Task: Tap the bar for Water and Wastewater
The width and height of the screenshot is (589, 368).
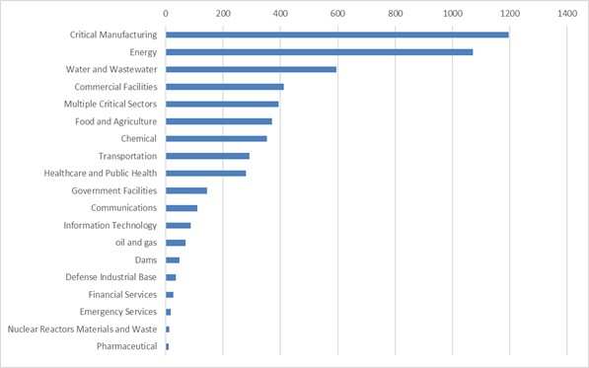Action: pyautogui.click(x=251, y=69)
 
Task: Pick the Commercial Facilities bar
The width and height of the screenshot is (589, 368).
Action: pyautogui.click(x=224, y=87)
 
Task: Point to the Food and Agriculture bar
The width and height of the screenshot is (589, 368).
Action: pyautogui.click(x=218, y=121)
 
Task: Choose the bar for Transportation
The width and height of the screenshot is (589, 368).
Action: pyautogui.click(x=207, y=156)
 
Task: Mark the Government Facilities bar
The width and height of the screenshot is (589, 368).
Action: pyautogui.click(x=185, y=190)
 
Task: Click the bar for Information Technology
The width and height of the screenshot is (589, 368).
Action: pyautogui.click(x=178, y=225)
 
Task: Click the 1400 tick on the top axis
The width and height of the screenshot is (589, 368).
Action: pyautogui.click(x=566, y=14)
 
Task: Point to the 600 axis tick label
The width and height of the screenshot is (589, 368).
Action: pyautogui.click(x=337, y=14)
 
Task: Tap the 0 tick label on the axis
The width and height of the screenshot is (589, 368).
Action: pyautogui.click(x=166, y=14)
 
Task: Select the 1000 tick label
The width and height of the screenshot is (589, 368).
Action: pyautogui.click(x=452, y=14)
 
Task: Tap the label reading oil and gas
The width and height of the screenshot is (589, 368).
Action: pyautogui.click(x=136, y=243)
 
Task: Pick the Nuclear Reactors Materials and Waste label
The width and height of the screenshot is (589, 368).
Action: pyautogui.click(x=82, y=329)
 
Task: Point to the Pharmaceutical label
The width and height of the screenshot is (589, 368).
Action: pyautogui.click(x=126, y=346)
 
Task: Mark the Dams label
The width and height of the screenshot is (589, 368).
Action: pyautogui.click(x=146, y=259)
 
